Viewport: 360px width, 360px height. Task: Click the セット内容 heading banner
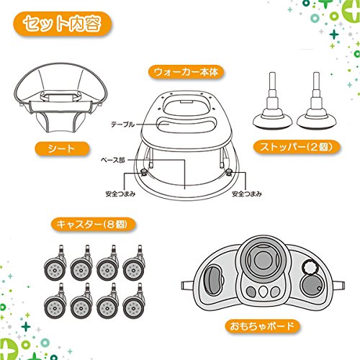pos(62,24)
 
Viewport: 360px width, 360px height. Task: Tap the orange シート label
pos(62,149)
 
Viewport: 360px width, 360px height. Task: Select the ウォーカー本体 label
pos(186,72)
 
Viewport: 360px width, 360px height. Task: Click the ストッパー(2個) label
pos(297,147)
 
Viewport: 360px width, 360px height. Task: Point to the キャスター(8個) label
pos(93,225)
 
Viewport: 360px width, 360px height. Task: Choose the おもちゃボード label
pos(262,326)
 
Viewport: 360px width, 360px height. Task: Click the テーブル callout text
pos(122,125)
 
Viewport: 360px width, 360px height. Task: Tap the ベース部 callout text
pos(113,160)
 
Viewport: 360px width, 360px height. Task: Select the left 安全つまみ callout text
pos(120,194)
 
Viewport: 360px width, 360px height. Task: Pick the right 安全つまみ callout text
pos(247,194)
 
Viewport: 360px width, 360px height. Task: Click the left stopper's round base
pos(272,120)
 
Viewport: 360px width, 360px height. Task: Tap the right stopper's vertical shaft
pos(316,88)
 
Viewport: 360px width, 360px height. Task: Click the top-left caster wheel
pos(55,270)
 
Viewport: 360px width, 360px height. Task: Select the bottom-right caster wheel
pos(133,307)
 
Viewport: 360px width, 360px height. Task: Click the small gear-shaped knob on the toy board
pos(310,267)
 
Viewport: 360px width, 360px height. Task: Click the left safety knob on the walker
pos(144,171)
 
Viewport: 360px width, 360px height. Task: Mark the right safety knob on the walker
pos(229,171)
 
